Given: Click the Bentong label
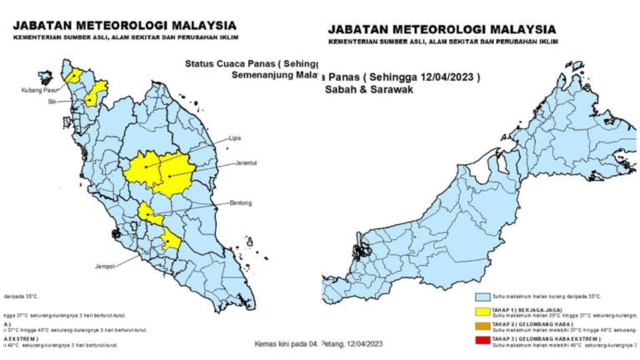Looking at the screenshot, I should click(x=239, y=202).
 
